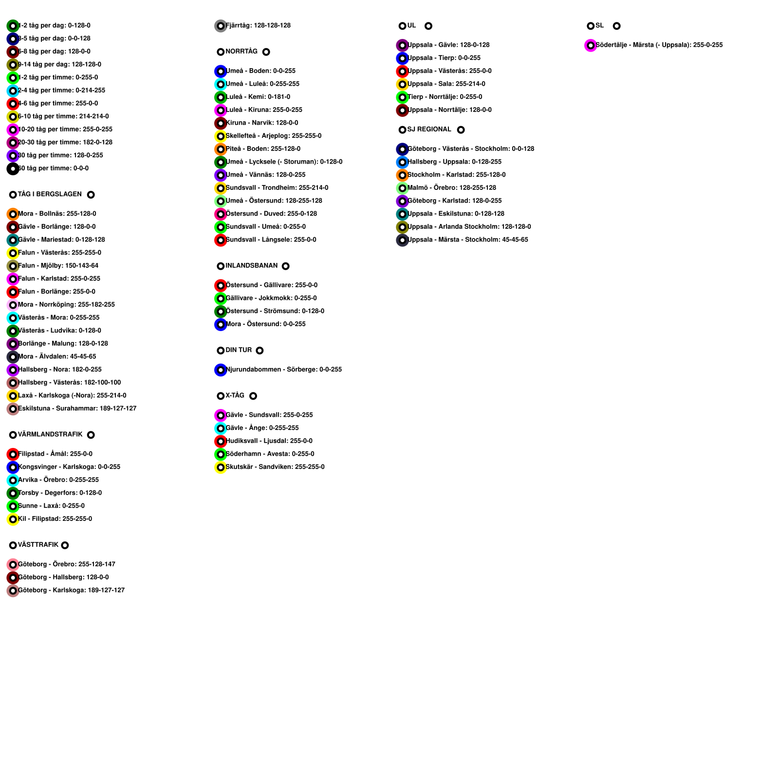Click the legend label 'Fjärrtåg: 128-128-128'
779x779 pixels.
(x=258, y=25)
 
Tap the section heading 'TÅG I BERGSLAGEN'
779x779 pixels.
(x=50, y=194)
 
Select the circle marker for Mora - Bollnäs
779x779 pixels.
(x=13, y=214)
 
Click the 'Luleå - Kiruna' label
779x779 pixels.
(x=264, y=110)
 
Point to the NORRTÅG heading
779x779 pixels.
(x=241, y=51)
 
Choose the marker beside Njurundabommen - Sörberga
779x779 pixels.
(x=221, y=370)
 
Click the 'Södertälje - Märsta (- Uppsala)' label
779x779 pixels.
(x=659, y=45)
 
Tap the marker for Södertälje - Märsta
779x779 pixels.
(x=591, y=45)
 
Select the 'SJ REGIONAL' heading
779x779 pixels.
(x=429, y=129)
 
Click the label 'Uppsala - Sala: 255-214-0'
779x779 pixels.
(x=446, y=84)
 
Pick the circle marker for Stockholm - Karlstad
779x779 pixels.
(x=402, y=175)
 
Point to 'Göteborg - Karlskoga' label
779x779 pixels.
(x=71, y=590)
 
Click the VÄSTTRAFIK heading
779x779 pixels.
(x=38, y=545)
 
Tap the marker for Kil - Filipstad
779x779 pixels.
(x=13, y=519)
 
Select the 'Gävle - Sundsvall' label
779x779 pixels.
(x=269, y=415)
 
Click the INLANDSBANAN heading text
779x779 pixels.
(x=251, y=265)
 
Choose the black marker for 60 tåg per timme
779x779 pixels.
(x=13, y=169)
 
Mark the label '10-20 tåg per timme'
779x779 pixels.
(x=65, y=129)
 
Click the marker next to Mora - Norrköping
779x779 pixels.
(x=13, y=305)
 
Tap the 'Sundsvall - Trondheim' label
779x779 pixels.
(x=277, y=187)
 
